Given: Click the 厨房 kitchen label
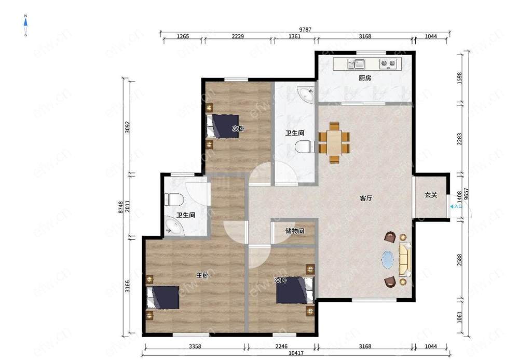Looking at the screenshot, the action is (365, 78).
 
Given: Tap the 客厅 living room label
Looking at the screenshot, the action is (366, 198).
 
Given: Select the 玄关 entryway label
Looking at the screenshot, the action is (431, 195).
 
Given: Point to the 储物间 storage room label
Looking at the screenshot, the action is (295, 231).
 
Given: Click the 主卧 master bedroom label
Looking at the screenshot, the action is (202, 275).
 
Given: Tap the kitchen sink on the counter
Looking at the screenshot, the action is (356, 63).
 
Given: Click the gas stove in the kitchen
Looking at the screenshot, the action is (388, 63).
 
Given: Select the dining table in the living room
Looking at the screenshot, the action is (334, 142).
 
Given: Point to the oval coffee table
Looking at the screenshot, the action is (388, 259).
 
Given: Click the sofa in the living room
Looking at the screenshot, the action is (404, 260).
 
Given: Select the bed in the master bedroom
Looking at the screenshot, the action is (163, 298).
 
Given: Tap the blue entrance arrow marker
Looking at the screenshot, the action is (452, 207).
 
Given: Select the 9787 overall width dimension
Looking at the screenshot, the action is (305, 30).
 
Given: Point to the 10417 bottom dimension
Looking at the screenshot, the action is (296, 353).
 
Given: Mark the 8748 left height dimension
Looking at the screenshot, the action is (121, 207).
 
